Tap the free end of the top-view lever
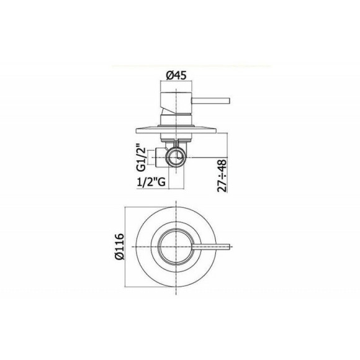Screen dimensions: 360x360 [x=232, y=248]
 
